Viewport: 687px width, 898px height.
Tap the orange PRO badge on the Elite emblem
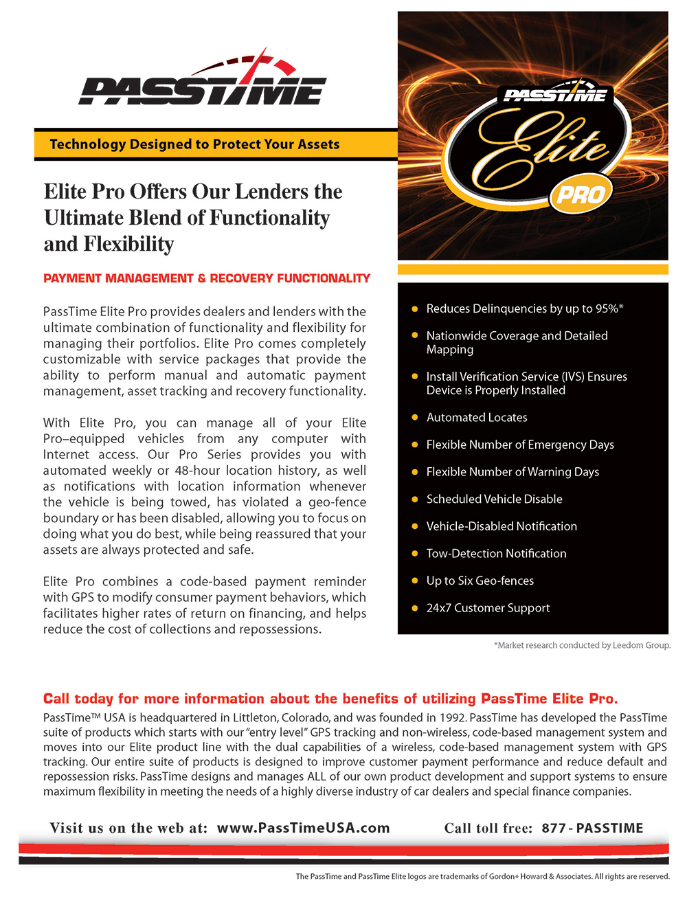(x=581, y=196)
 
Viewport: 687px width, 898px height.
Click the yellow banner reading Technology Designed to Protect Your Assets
(x=195, y=144)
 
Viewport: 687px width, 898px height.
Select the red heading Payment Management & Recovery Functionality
(x=207, y=278)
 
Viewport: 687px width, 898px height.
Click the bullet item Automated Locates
(x=477, y=417)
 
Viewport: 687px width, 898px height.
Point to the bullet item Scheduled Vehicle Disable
(x=494, y=499)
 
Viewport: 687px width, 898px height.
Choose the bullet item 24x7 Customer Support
(x=488, y=607)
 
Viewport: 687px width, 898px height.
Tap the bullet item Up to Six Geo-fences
(x=480, y=581)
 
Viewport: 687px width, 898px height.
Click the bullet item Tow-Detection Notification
(x=496, y=553)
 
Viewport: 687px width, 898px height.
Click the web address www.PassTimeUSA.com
(x=303, y=828)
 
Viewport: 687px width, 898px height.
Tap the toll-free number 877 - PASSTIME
(x=592, y=828)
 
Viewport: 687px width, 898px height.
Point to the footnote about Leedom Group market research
(x=582, y=645)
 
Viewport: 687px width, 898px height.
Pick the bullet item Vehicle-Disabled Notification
(x=502, y=526)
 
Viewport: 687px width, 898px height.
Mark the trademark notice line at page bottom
(x=482, y=876)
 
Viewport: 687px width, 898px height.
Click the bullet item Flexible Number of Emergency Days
(x=520, y=445)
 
